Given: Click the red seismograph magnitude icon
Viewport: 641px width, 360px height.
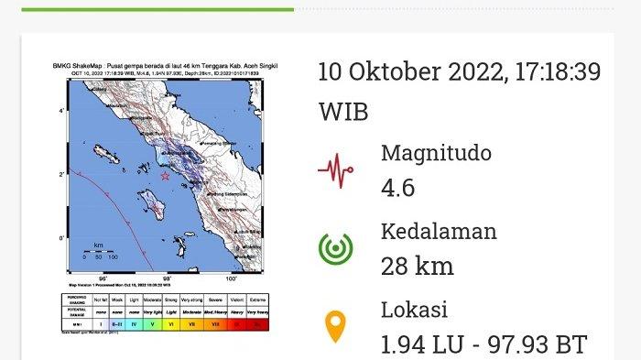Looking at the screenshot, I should click(x=336, y=169).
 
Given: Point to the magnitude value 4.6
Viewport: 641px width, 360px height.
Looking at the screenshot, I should click(x=397, y=188).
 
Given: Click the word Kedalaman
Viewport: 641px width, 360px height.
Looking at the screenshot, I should click(x=439, y=231).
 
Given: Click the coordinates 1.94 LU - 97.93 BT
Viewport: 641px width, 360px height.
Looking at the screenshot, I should click(x=483, y=344).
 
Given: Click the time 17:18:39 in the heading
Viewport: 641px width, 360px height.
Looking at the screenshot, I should click(x=555, y=72).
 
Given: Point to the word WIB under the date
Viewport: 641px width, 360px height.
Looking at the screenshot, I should click(x=342, y=112).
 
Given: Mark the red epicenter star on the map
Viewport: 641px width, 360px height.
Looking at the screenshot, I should click(x=165, y=176).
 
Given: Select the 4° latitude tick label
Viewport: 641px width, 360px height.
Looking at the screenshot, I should click(x=61, y=110).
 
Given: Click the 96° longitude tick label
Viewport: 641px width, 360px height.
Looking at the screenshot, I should click(x=103, y=279).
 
